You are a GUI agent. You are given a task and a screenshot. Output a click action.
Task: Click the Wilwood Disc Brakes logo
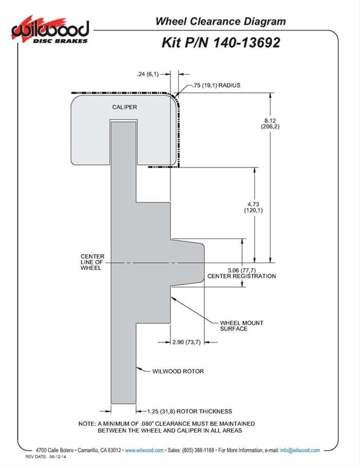[x=50, y=31]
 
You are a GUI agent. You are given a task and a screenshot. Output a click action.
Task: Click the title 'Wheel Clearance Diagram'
[x=221, y=22]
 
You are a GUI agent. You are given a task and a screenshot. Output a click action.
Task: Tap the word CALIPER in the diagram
[x=125, y=107]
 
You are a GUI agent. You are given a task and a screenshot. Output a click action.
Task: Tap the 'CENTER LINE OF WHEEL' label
[x=92, y=262]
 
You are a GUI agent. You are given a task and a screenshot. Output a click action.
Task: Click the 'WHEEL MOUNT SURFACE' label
[x=242, y=326]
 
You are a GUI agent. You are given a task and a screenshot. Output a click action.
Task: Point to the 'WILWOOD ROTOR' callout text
[x=174, y=370]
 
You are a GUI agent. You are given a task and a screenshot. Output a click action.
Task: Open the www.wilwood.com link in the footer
[x=145, y=450]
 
